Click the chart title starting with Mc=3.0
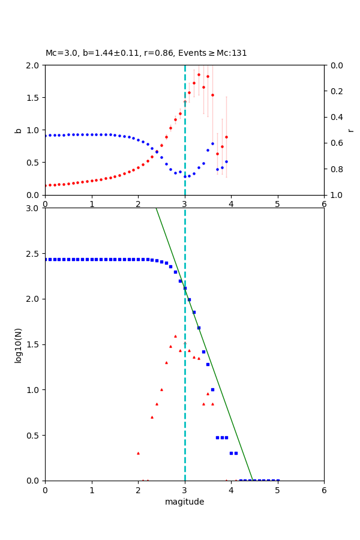146,53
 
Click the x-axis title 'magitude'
184,502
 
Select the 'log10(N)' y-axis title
18,344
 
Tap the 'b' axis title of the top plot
18,130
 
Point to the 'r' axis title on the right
350,130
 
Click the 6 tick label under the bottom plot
324,490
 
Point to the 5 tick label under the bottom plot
277,490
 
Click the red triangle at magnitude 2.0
138,453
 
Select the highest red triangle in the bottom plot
175,336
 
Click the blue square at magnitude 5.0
277,480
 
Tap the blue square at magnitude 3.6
212,389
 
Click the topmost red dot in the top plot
199,74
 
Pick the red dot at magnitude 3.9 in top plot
226,137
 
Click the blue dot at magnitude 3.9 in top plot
226,161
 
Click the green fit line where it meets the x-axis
253,480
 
